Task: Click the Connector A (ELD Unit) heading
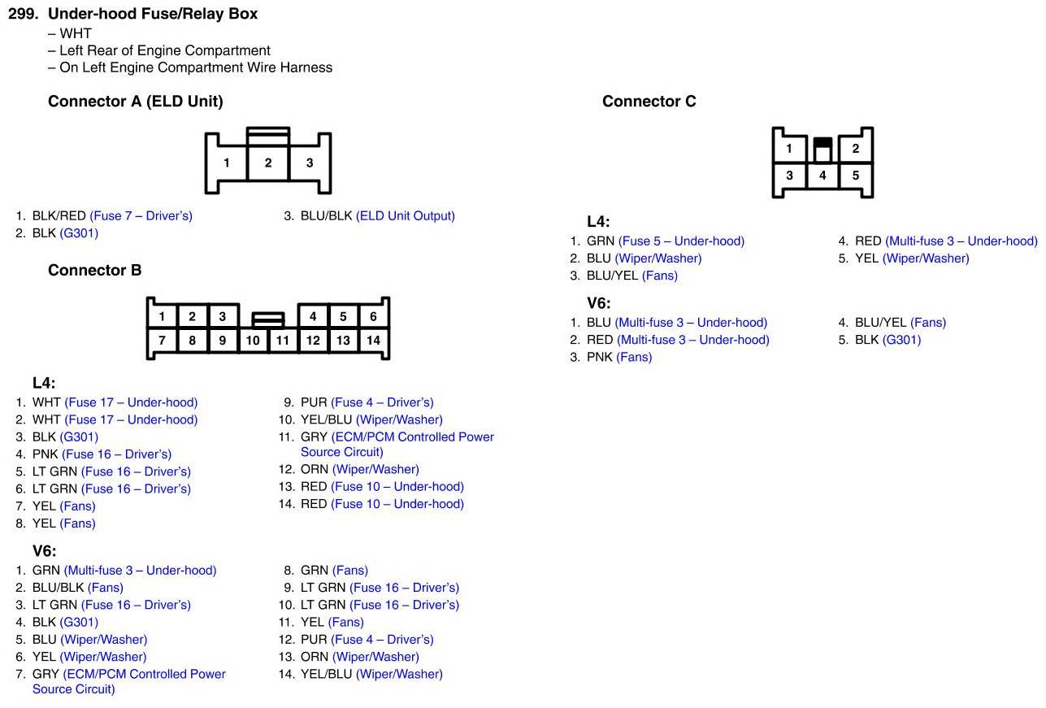(135, 102)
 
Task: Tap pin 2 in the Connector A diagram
(268, 163)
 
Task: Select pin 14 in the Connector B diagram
(373, 341)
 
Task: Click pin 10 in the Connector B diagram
(253, 341)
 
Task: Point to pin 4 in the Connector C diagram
(822, 176)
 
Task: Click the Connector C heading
(649, 102)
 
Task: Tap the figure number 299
(24, 14)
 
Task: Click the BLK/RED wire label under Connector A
(59, 216)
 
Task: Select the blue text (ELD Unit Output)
(405, 216)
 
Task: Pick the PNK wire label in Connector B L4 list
(46, 454)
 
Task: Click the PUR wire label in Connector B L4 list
(314, 402)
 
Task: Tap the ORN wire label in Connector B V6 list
(315, 657)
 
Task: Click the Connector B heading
(94, 271)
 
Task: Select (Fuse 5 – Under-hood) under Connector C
(681, 241)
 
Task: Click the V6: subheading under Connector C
(598, 303)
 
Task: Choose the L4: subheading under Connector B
(44, 383)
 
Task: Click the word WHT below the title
(76, 33)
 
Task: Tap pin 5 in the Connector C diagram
(856, 176)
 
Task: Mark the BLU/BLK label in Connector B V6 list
(59, 588)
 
